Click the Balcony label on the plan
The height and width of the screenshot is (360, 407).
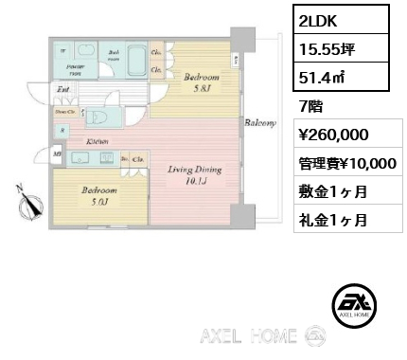coord(260,123)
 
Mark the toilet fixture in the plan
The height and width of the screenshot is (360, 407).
coord(106,116)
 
